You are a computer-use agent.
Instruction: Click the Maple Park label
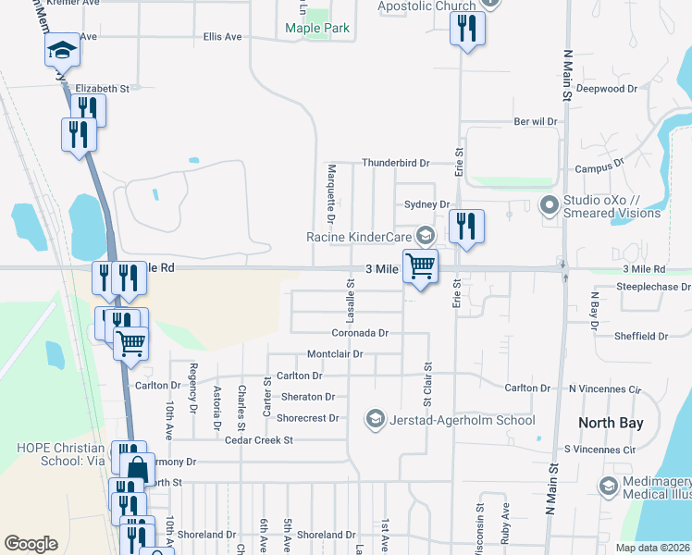point(317,28)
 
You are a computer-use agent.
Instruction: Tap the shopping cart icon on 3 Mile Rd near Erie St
point(421,266)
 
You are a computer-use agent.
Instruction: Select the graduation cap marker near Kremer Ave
point(62,50)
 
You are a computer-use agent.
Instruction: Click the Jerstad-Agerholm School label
point(460,420)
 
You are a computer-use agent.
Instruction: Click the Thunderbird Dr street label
point(395,163)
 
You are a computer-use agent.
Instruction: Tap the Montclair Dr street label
point(334,354)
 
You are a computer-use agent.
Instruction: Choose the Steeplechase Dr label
point(653,288)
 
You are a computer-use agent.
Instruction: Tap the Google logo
point(31,544)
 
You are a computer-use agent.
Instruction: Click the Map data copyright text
point(652,548)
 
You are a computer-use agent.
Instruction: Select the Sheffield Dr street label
point(643,337)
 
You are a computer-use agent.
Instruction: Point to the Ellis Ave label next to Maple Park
point(222,37)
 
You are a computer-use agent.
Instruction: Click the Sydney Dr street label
point(426,204)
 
